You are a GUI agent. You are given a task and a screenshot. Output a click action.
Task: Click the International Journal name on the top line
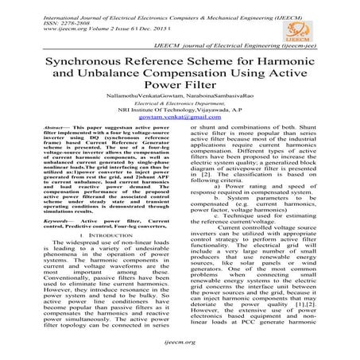pos(143,6)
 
